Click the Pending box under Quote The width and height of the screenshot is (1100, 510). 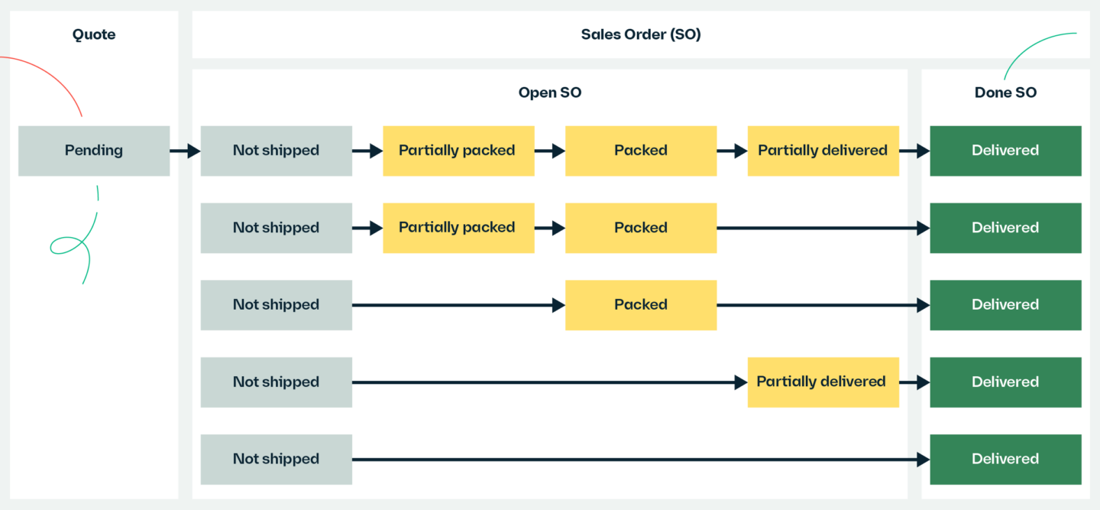pos(93,151)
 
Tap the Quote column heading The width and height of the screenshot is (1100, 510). pos(93,34)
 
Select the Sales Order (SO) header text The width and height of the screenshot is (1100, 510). pos(640,34)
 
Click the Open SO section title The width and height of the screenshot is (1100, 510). pos(549,93)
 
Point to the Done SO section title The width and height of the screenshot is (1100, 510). pos(1005,93)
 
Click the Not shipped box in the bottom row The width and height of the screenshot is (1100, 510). pos(276,459)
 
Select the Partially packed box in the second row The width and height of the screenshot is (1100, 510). pos(458,228)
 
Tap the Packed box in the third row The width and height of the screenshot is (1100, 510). pos(640,305)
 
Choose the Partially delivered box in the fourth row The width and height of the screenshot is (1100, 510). pos(822,382)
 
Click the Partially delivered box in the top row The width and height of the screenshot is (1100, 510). pos(822,151)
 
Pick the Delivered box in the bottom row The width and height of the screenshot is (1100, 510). pos(1005,459)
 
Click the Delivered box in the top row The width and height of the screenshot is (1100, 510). pos(1005,151)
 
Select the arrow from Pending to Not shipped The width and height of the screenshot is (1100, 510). pos(185,151)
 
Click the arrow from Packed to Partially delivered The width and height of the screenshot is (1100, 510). pos(732,151)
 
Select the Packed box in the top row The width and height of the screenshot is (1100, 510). pos(640,151)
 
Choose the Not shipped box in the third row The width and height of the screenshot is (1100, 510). pos(276,305)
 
